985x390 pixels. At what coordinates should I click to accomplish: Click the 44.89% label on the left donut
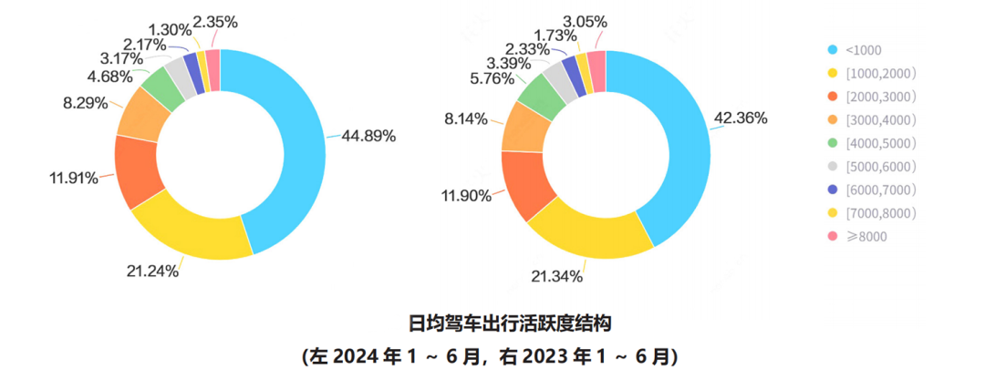pos(368,137)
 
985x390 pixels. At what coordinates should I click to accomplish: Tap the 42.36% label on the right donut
pos(741,118)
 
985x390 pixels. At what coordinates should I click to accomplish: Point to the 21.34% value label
pos(557,276)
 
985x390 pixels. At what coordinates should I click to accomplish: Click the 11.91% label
pos(74,178)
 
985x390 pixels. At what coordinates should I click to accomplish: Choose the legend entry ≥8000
pos(866,236)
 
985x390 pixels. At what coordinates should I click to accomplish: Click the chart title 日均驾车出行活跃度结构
pos(492,323)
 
